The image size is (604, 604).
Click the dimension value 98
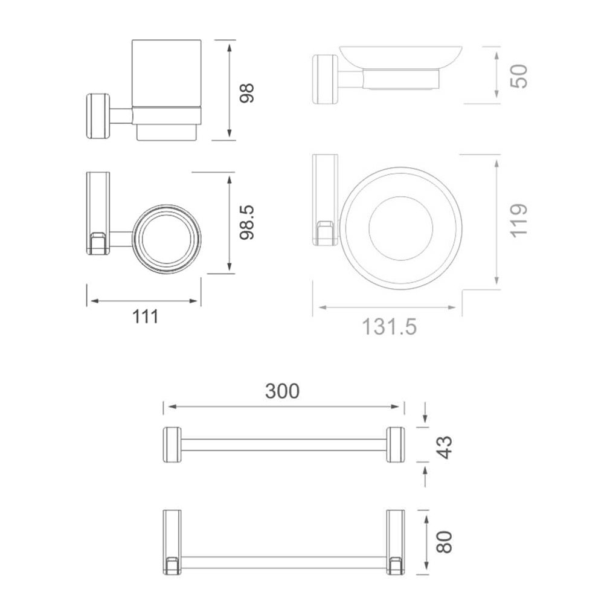[246, 93]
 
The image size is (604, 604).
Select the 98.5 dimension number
[246, 223]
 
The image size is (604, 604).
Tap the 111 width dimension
[146, 317]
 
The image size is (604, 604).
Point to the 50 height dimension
[519, 76]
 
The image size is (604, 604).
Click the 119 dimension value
[519, 220]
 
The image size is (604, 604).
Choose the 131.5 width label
[390, 327]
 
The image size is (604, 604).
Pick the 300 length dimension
[282, 391]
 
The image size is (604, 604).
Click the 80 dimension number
[445, 542]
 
